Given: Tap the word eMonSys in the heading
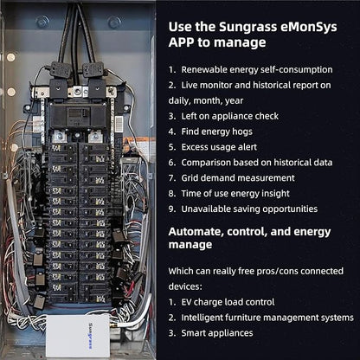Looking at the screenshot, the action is pos(309,27).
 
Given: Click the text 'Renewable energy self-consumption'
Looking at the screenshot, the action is pos(257,70).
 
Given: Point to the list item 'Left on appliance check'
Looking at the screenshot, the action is pos(229,116).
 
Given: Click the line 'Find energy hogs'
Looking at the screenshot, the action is pos(216,132).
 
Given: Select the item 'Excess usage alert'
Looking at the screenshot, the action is pos(219,147).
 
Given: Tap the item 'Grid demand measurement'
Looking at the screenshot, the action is pos(238,178).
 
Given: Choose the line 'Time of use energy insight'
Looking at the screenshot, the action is pos(235,194).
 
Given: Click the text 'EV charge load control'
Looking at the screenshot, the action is pos(228,302).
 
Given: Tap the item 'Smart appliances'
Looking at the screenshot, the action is pos(217,333).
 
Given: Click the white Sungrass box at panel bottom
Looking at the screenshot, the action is pos(78,336).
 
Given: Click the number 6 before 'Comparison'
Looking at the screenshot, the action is pos(172,163).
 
